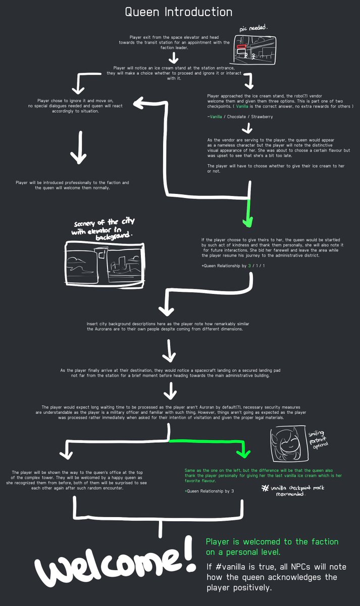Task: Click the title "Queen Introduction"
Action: [179, 12]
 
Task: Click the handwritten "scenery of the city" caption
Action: [104, 228]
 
